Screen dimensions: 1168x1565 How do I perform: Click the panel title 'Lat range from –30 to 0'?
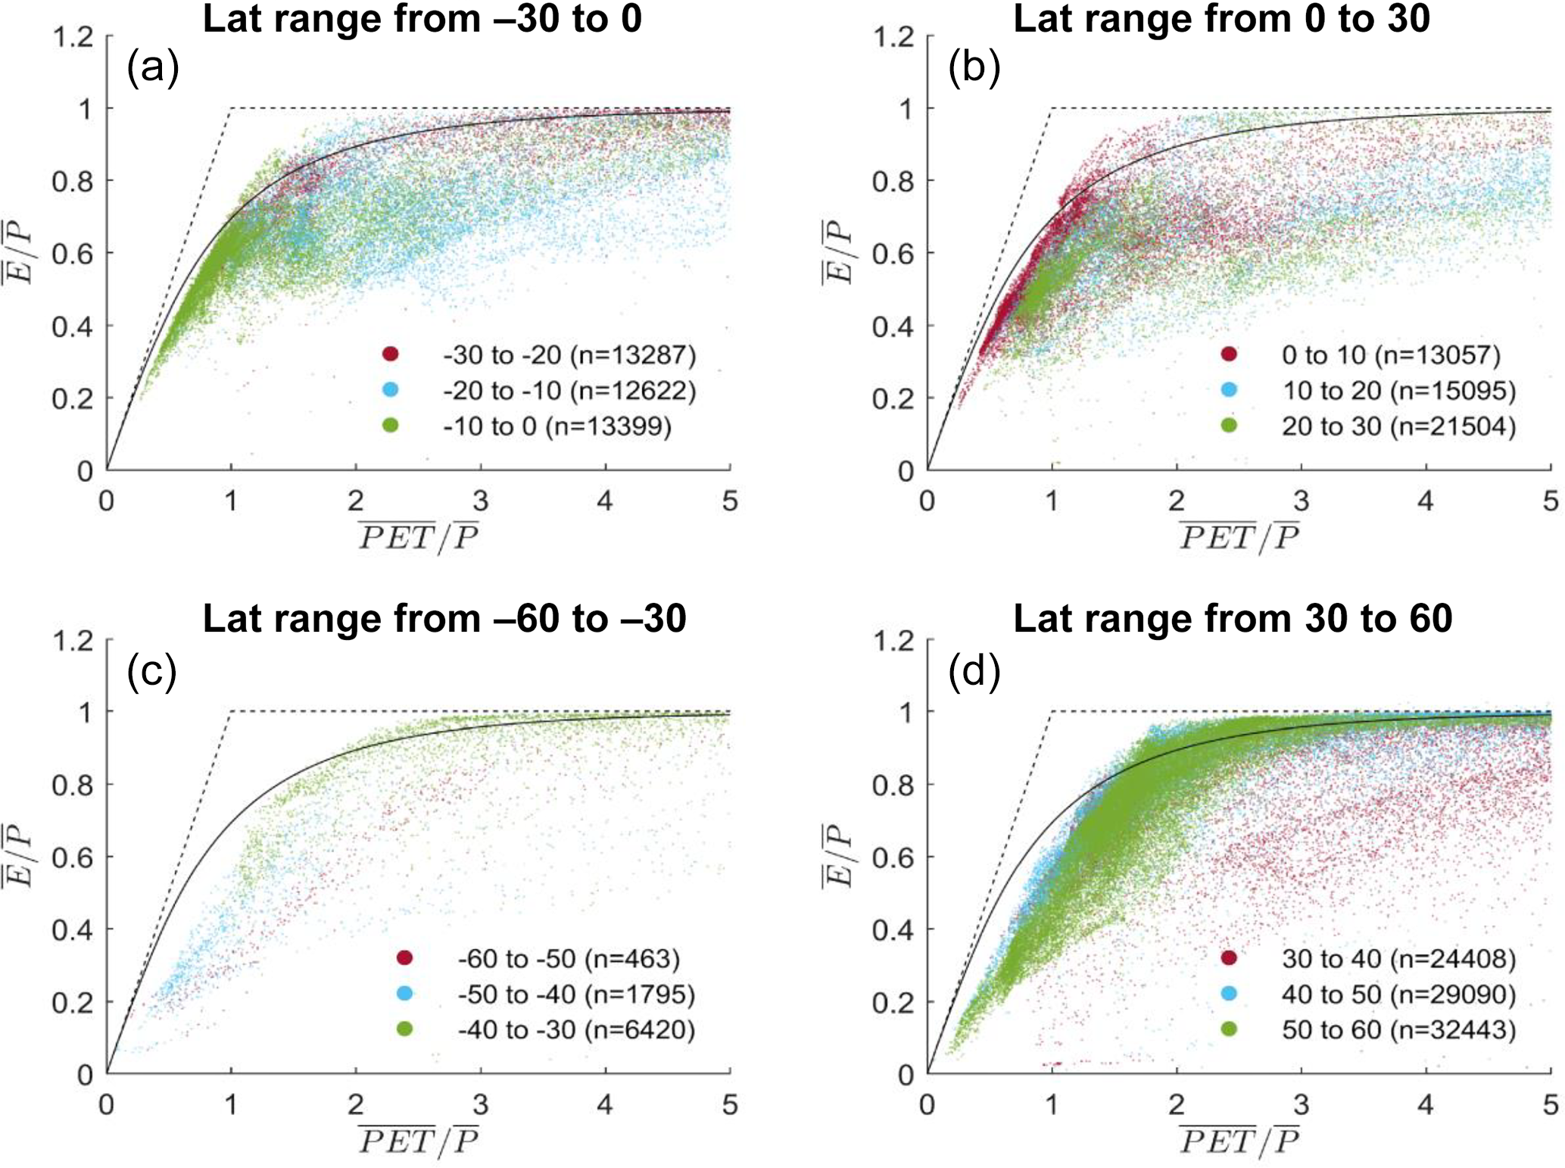[x=422, y=19]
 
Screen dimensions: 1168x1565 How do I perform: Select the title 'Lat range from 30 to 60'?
[x=1232, y=619]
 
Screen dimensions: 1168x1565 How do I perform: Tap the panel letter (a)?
[x=152, y=68]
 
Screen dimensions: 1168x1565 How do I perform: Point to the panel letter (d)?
[x=974, y=671]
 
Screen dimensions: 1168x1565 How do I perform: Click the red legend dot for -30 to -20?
[x=391, y=354]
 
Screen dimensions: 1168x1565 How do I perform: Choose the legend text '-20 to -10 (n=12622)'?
[x=569, y=390]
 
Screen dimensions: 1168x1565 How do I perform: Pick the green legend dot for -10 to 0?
[x=391, y=426]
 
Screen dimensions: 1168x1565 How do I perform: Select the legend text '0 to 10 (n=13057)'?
[x=1391, y=354]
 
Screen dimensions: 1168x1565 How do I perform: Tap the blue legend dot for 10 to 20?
[x=1229, y=390]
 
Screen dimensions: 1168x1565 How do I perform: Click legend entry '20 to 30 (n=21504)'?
[x=1398, y=426]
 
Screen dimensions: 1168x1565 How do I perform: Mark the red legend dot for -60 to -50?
[x=405, y=958]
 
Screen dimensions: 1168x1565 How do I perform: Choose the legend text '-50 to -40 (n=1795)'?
[x=576, y=994]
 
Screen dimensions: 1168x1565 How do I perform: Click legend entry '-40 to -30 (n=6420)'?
[x=576, y=1029]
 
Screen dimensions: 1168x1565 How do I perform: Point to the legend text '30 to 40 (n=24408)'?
[x=1398, y=959]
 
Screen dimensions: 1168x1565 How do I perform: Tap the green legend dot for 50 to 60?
[x=1229, y=1029]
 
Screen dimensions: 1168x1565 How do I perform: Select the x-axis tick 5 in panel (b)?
[x=1551, y=501]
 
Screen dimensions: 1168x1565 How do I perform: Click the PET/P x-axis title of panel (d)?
[x=1239, y=1141]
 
